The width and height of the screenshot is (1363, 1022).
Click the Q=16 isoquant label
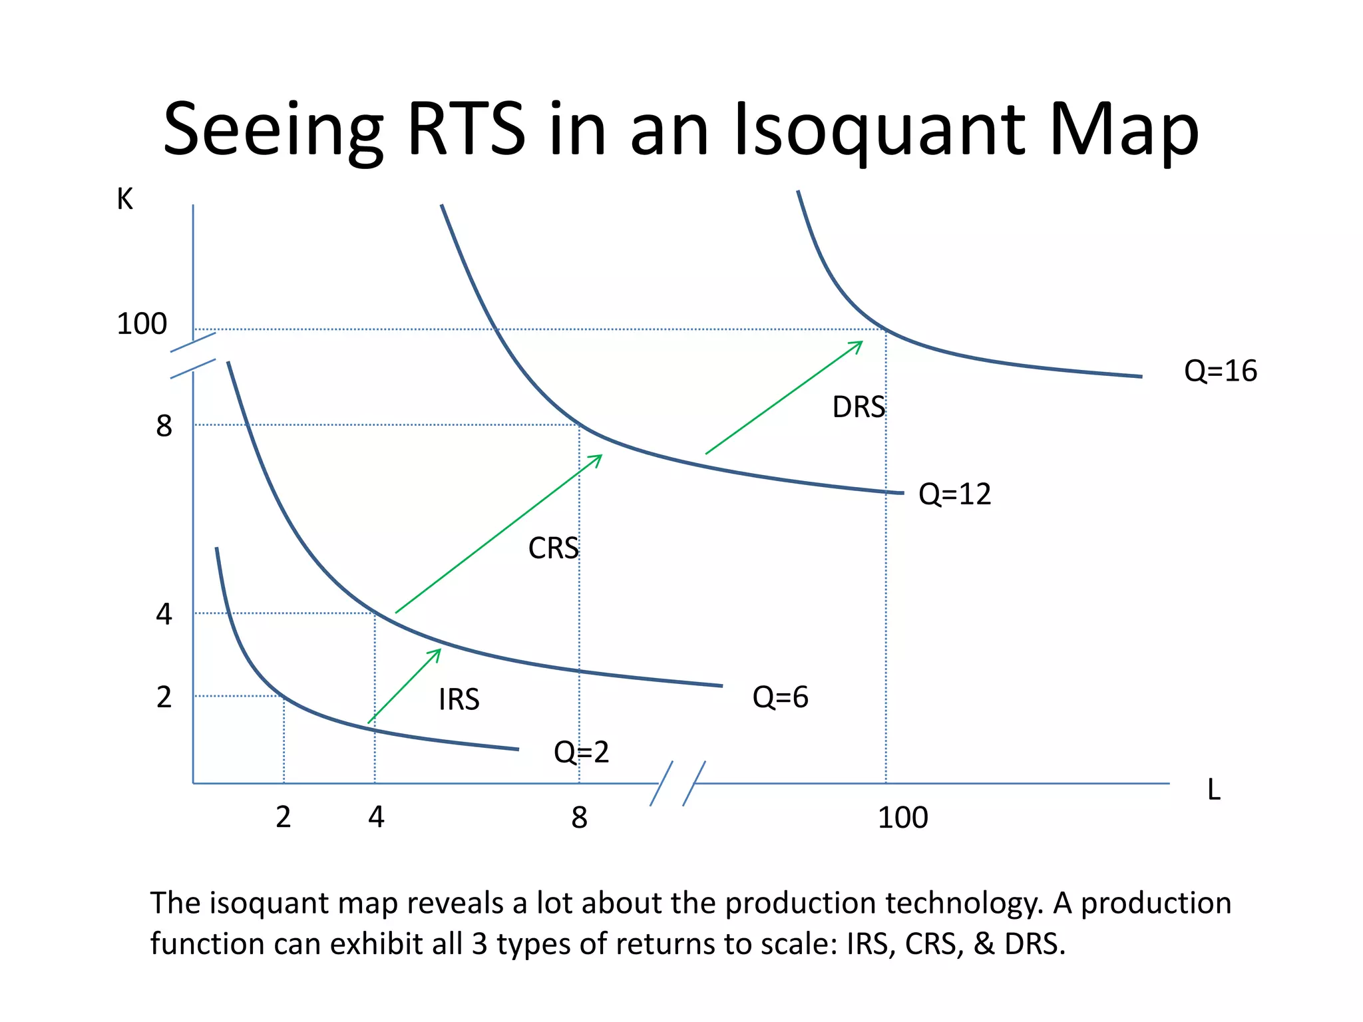(1220, 371)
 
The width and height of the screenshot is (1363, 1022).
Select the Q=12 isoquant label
(954, 494)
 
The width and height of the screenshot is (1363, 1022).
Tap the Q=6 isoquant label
(780, 697)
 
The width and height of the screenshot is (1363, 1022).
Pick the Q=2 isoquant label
(581, 752)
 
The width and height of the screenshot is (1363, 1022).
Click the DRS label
(859, 407)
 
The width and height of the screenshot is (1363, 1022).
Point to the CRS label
(553, 549)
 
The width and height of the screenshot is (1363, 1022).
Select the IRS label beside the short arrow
(459, 700)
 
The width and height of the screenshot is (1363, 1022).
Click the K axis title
(124, 199)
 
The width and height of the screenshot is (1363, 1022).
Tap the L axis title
(1213, 790)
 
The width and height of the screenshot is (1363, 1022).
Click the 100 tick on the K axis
(141, 324)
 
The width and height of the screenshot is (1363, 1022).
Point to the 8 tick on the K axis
(164, 426)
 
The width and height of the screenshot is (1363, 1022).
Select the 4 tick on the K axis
(164, 614)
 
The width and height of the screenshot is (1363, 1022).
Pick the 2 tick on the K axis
(164, 697)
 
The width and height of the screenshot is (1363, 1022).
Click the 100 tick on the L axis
(902, 818)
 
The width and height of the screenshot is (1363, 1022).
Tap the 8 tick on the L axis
(579, 818)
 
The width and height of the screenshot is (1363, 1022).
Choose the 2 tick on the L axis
(284, 817)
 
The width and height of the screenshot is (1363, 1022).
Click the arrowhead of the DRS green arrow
(860, 343)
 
